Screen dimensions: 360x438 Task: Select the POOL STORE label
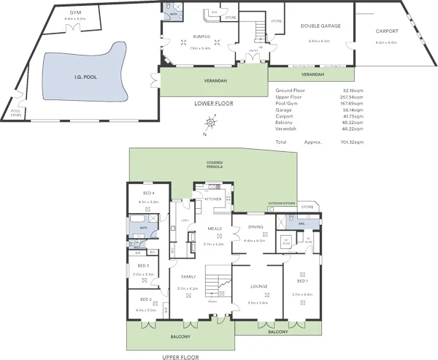point(16,112)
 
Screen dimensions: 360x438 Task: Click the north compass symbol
point(210,124)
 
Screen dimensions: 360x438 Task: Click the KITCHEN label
point(212,199)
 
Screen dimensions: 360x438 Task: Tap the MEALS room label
point(215,228)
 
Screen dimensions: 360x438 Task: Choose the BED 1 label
point(301,280)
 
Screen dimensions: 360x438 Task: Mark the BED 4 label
point(148,193)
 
